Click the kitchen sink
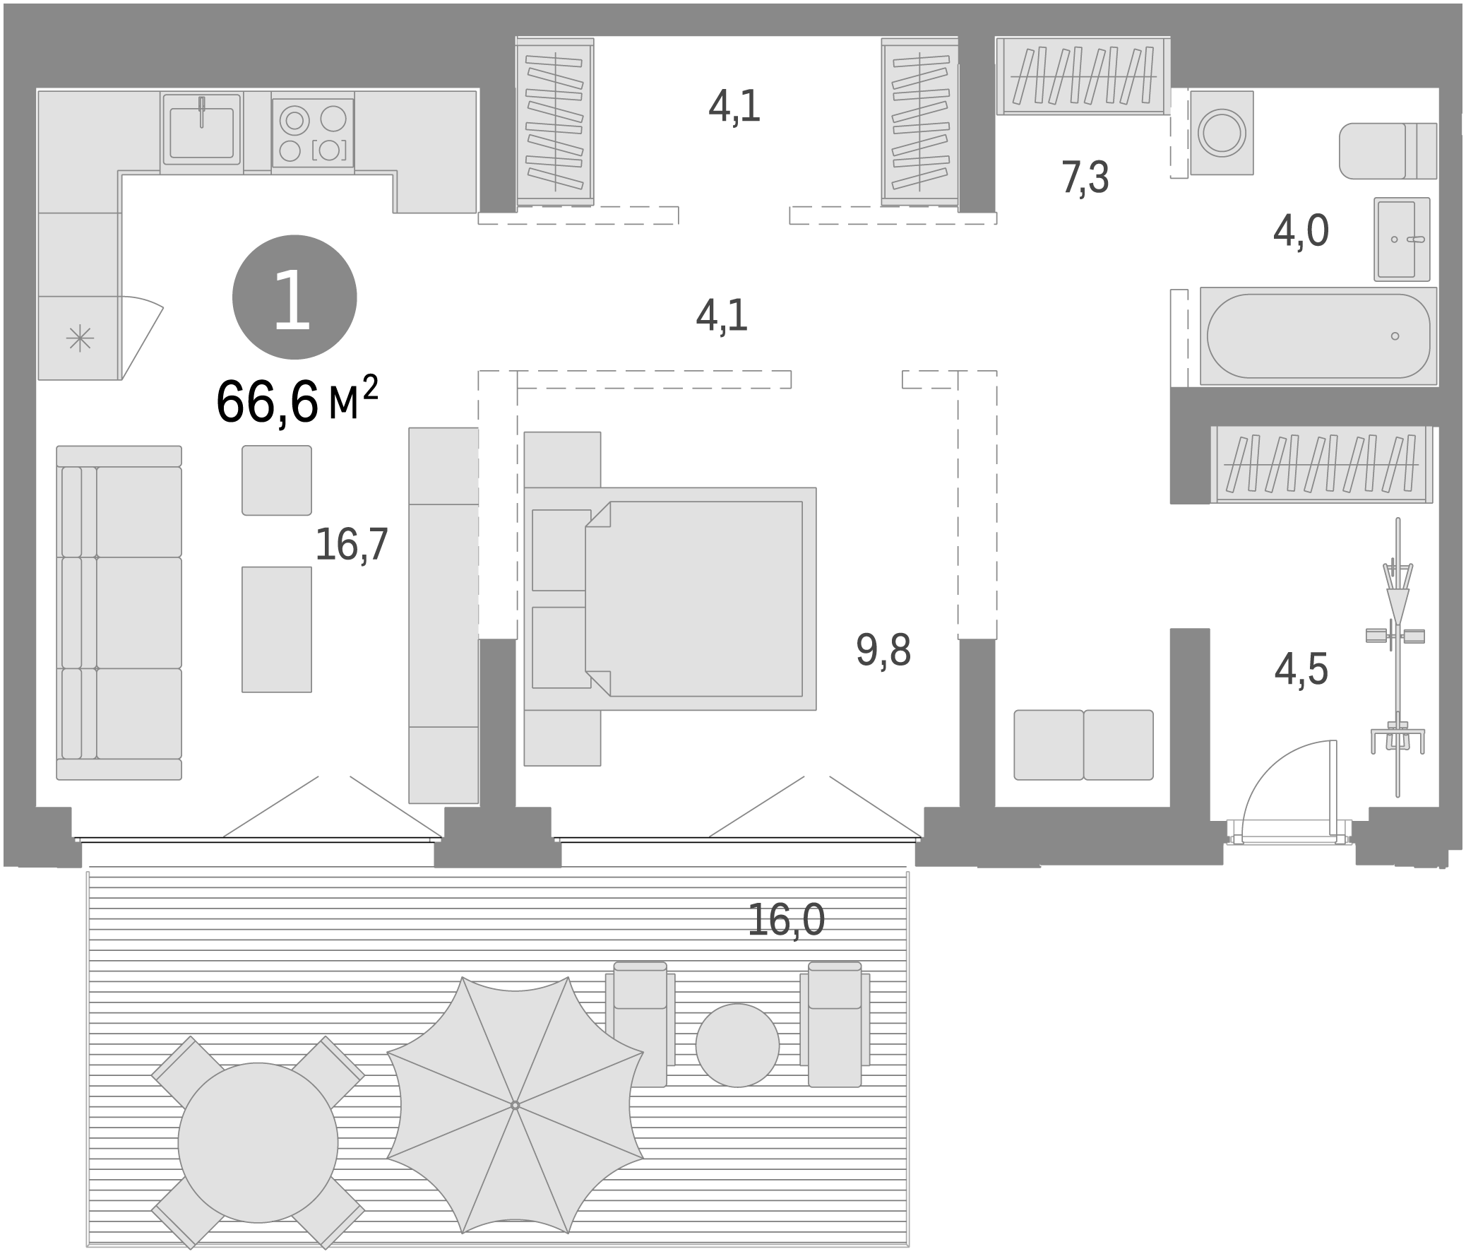point(202,132)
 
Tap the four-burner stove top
point(313,133)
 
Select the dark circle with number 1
point(294,297)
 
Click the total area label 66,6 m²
point(297,401)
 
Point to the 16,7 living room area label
point(352,544)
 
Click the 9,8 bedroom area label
point(883,650)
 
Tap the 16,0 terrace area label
point(786,920)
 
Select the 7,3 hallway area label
point(1085,177)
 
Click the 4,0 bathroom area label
point(1301,231)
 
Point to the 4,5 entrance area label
point(1301,669)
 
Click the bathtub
point(1318,336)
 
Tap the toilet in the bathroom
point(1387,150)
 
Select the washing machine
point(1221,133)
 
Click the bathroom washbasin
point(1402,239)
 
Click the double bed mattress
point(693,598)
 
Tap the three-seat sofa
point(119,613)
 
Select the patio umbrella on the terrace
point(515,1105)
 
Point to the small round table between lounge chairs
point(737,1046)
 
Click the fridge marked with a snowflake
point(79,338)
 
